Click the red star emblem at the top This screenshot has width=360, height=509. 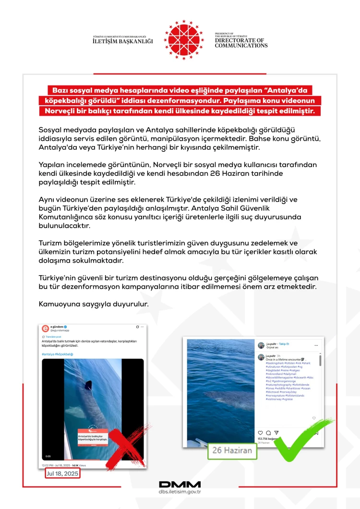(183, 39)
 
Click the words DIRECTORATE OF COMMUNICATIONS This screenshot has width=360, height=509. (241, 43)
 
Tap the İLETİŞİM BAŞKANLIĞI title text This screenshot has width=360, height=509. (123, 41)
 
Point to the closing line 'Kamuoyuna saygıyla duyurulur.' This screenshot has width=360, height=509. (93, 304)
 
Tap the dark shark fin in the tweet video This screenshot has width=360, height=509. (88, 385)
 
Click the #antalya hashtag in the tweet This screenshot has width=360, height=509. (48, 354)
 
